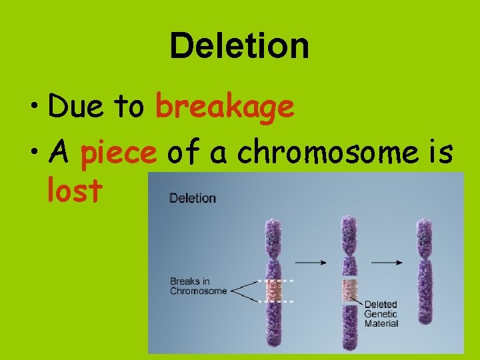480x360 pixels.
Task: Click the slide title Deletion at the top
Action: coord(239,47)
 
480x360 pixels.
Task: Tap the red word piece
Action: coord(118,153)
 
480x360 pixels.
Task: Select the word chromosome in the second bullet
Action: coord(328,153)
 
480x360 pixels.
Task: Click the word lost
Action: coord(75,191)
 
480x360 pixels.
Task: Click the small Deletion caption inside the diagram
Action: coord(193,198)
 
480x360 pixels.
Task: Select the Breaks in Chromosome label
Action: coord(198,286)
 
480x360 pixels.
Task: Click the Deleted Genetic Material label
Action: coord(381,314)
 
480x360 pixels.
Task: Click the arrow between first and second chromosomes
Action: coord(311,263)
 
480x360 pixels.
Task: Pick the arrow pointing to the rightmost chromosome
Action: coord(386,263)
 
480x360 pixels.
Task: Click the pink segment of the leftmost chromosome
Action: coord(274,291)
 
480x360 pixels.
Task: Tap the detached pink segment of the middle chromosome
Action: coord(349,289)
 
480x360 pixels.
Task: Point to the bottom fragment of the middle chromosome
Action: coord(349,327)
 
